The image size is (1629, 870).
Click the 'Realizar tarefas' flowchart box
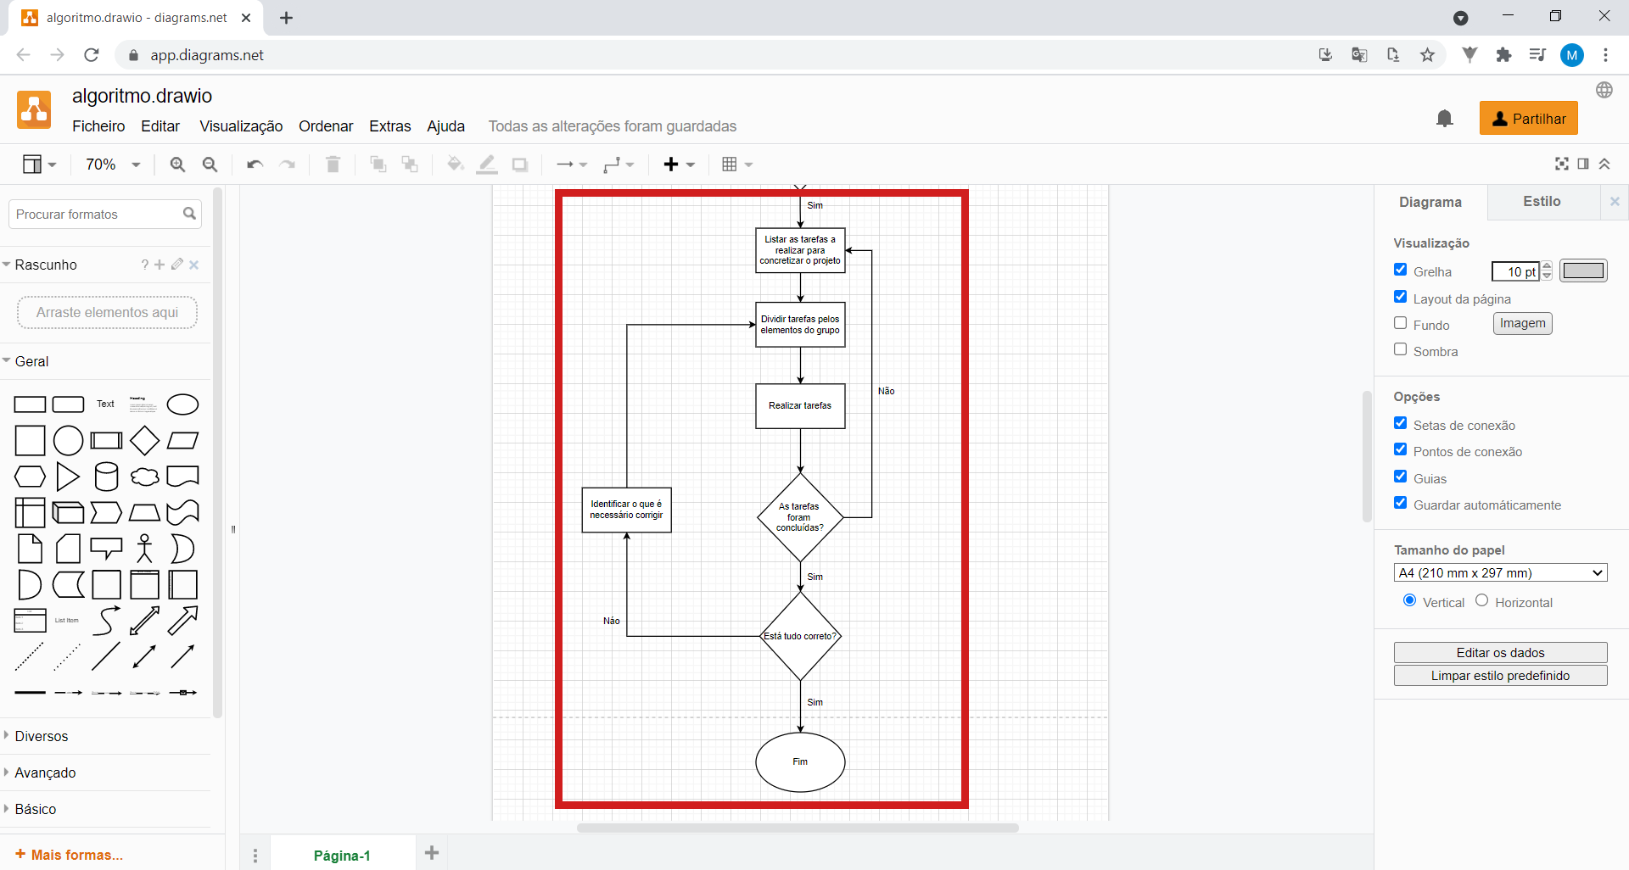pyautogui.click(x=800, y=406)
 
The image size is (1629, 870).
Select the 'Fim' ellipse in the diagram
pyautogui.click(x=800, y=761)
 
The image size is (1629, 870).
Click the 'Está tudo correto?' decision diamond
pyautogui.click(x=800, y=636)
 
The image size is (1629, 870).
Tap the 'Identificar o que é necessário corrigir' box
pyautogui.click(x=626, y=510)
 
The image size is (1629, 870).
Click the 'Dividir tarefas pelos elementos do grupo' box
pyautogui.click(x=800, y=325)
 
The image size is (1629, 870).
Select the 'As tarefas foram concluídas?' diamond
pyautogui.click(x=800, y=517)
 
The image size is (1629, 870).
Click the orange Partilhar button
pyautogui.click(x=1528, y=119)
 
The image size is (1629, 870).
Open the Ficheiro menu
pyautogui.click(x=98, y=126)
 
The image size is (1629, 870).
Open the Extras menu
pyautogui.click(x=389, y=126)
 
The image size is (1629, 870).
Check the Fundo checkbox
pyautogui.click(x=1400, y=323)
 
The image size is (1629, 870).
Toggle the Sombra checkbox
pyautogui.click(x=1400, y=349)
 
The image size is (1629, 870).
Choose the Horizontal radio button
pyautogui.click(x=1481, y=600)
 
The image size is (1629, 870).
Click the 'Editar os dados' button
pyautogui.click(x=1500, y=652)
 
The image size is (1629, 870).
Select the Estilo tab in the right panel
pyautogui.click(x=1542, y=202)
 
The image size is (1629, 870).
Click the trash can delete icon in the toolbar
pyautogui.click(x=333, y=165)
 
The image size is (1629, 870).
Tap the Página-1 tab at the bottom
pyautogui.click(x=342, y=855)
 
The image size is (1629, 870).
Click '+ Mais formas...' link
pyautogui.click(x=69, y=855)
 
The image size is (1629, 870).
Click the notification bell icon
pyautogui.click(x=1444, y=118)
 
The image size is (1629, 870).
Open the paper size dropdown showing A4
pyautogui.click(x=1500, y=572)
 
